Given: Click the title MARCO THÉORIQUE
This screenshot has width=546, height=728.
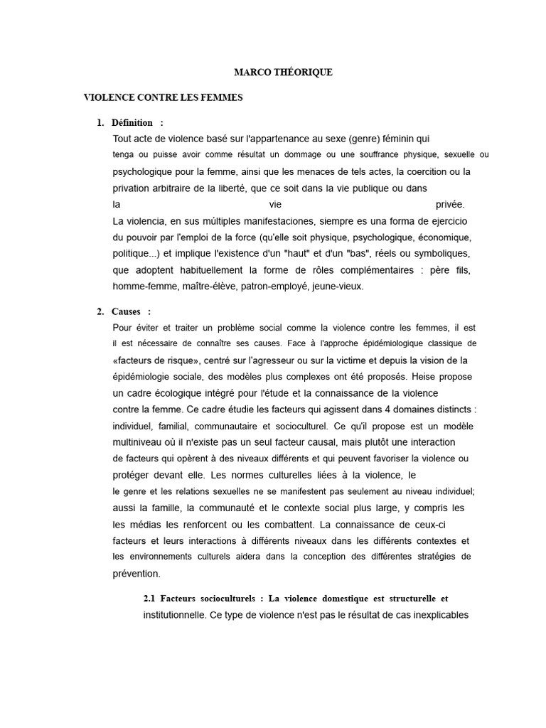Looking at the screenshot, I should pos(283,73).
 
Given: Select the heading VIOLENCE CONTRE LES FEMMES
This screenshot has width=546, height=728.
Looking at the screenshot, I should pos(164,97).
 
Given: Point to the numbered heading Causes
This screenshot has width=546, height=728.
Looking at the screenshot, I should pos(128,311).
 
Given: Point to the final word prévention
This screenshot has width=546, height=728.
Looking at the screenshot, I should pos(136,573).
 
